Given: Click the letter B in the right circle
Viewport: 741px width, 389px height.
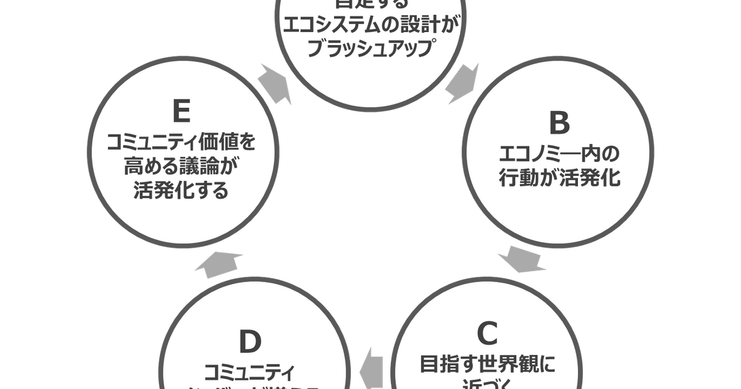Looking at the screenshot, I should tap(559, 124).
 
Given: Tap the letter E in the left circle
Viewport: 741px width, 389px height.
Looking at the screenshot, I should tap(181, 112).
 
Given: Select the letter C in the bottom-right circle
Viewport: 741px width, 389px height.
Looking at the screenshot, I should tap(487, 334).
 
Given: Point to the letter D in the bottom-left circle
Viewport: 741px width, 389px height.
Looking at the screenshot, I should tap(250, 341).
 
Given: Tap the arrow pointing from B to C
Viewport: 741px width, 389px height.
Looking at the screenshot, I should tap(525, 260).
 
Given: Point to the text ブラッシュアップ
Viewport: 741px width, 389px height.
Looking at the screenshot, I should tap(369, 49).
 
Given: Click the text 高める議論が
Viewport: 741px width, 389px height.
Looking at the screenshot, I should tap(181, 166).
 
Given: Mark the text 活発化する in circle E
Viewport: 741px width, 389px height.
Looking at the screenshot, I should tap(181, 190).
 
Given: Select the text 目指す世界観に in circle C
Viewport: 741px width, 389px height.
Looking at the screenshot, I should tap(487, 363).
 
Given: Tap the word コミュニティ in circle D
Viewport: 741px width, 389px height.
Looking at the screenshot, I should tap(250, 370).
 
